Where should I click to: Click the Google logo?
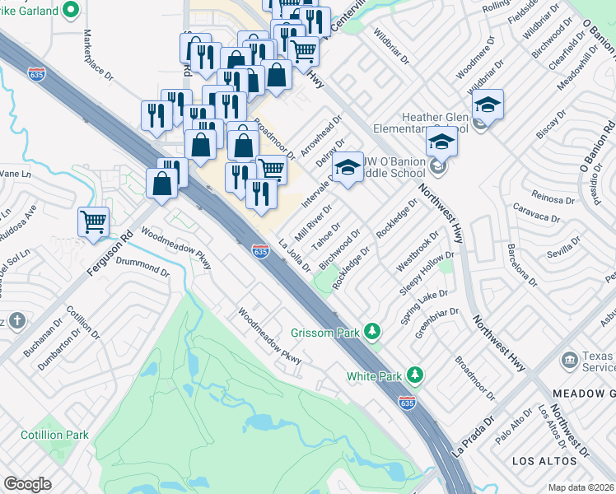point(27,483)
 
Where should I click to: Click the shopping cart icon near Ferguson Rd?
point(93,221)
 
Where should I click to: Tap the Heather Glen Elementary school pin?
point(488,105)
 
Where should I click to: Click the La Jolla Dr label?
point(294,254)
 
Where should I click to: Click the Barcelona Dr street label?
point(522,263)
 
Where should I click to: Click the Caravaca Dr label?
point(535,217)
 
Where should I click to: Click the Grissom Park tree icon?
point(373,331)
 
